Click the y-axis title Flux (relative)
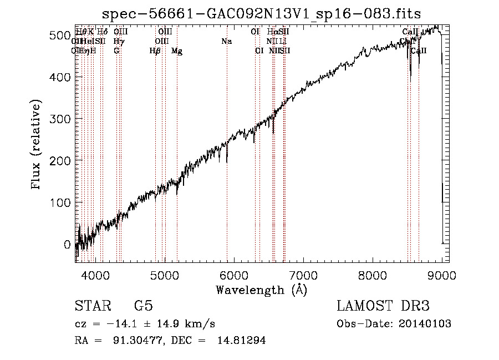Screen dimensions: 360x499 point(37,146)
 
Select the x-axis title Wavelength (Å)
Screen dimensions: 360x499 point(261,290)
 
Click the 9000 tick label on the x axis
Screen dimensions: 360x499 point(442,274)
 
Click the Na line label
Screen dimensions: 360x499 point(226,41)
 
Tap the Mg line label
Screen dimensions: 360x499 point(177,51)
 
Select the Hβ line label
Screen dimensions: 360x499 point(155,51)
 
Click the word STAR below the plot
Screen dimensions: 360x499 point(93,306)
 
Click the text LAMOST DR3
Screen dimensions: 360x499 point(383,306)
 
